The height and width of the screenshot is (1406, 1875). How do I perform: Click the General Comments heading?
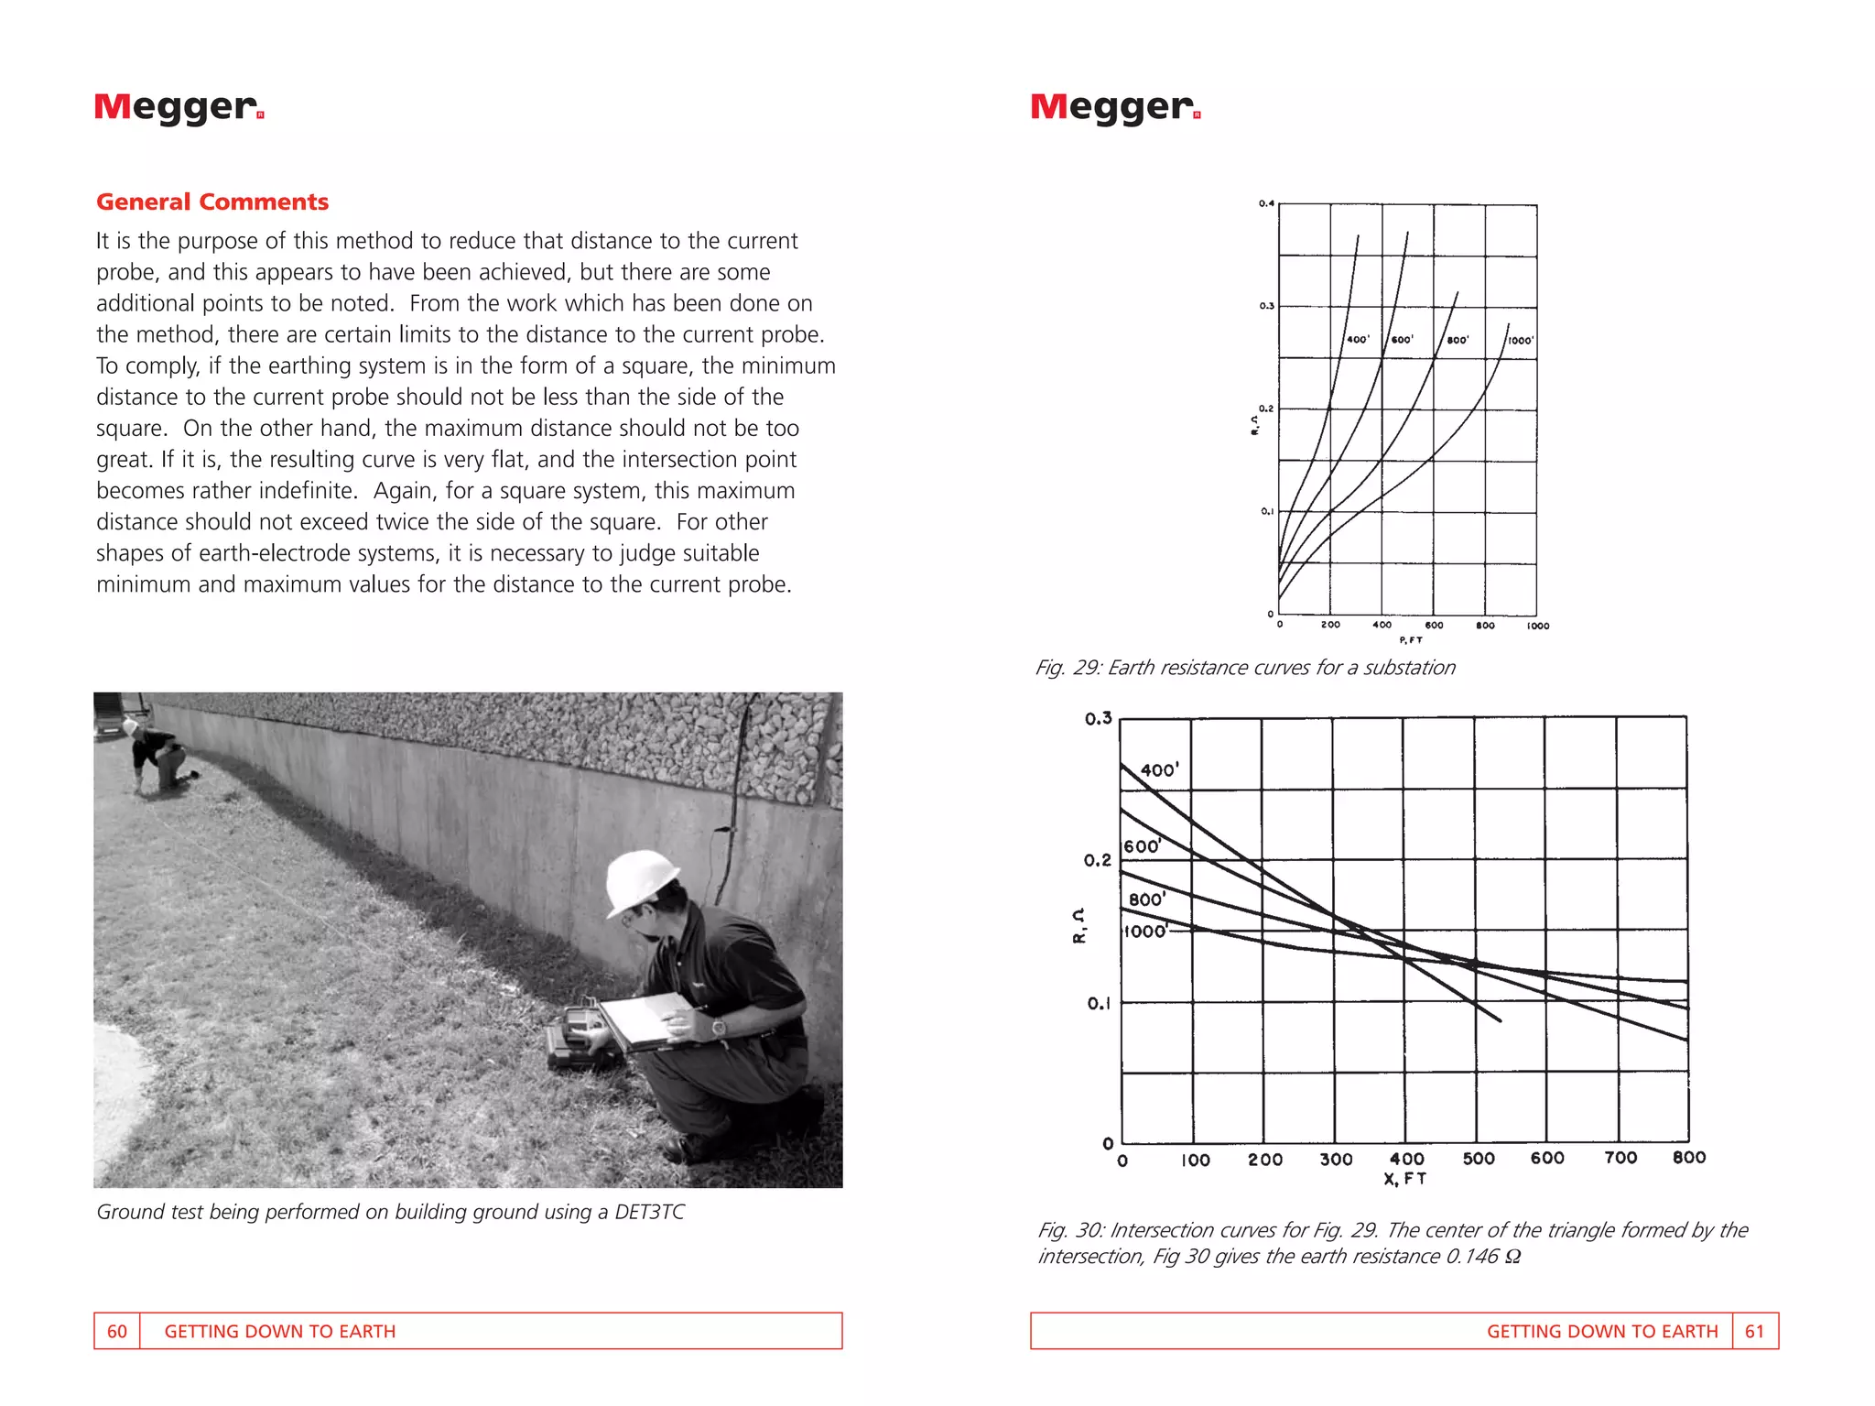211,202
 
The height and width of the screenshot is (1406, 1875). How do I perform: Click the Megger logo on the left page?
179,107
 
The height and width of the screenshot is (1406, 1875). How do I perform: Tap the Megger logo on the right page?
1114,107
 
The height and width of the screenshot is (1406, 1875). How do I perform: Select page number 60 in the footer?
117,1331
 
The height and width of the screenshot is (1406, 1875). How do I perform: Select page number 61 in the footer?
1753,1331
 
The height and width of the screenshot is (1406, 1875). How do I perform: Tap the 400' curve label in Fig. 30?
1159,770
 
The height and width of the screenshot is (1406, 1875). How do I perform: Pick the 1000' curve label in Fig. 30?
1144,932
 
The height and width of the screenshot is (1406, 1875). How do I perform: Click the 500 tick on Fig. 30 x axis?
1478,1159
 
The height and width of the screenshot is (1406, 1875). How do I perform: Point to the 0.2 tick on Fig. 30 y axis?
1097,860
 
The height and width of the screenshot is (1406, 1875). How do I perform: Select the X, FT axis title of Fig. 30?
1404,1179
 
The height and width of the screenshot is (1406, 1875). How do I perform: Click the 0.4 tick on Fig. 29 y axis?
1265,203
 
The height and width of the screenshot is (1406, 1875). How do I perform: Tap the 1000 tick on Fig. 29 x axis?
1537,626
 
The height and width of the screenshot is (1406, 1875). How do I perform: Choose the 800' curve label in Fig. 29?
1458,340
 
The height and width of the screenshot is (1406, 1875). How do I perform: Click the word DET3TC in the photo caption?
649,1212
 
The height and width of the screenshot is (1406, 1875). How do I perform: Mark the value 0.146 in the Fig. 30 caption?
1471,1256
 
